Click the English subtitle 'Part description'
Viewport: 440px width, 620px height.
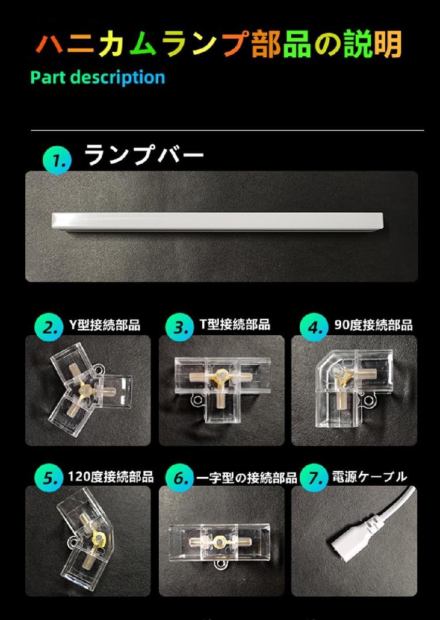98,77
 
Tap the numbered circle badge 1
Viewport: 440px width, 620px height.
57,160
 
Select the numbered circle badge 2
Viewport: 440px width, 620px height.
49,328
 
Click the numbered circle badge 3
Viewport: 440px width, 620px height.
179,328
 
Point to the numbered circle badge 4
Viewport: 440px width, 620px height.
314,328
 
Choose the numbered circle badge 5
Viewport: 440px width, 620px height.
49,478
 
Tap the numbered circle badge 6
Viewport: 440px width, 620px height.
179,478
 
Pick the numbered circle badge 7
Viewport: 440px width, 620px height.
314,478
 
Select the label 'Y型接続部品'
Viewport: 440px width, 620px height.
105,324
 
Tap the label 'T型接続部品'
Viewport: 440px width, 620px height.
235,324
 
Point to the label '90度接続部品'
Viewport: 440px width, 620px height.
373,325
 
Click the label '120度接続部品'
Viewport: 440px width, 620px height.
111,476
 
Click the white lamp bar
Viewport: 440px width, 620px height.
218,222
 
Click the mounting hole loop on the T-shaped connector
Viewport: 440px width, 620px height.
197,400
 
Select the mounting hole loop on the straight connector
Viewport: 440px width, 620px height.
221,565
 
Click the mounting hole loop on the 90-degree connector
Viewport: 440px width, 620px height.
368,399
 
